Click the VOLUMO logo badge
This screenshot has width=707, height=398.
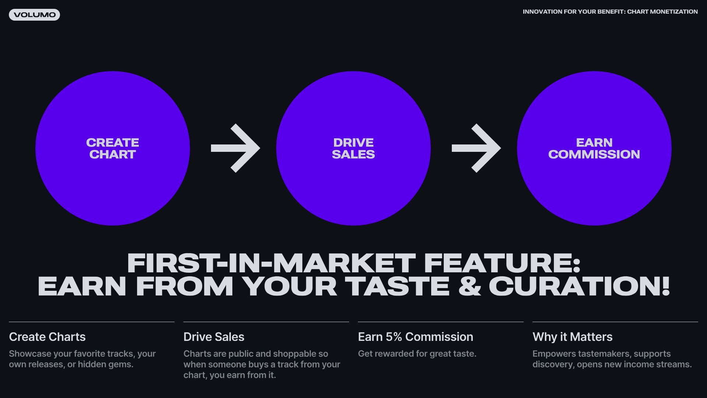point(34,15)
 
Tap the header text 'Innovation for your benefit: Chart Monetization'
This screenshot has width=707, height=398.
point(610,12)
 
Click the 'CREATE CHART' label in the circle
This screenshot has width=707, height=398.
point(113,149)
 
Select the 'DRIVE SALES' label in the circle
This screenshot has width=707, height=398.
point(353,149)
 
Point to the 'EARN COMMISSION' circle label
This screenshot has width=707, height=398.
point(594,149)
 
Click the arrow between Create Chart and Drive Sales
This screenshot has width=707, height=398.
point(236,148)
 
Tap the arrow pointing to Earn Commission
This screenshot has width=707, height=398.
point(476,148)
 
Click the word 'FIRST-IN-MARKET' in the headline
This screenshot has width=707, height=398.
point(271,263)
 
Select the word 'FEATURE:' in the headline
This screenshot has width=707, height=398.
point(502,263)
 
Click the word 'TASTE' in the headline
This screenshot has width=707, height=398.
point(397,286)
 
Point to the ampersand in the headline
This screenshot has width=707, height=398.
point(469,286)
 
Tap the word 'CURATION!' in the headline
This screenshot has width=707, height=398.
point(579,286)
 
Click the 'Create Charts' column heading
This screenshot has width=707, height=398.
point(47,337)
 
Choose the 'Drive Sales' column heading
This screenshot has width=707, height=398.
point(214,337)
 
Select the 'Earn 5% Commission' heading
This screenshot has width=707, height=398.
point(416,337)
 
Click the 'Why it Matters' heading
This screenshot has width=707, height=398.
point(573,337)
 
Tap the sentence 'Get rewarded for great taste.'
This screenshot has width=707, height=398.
point(417,354)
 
